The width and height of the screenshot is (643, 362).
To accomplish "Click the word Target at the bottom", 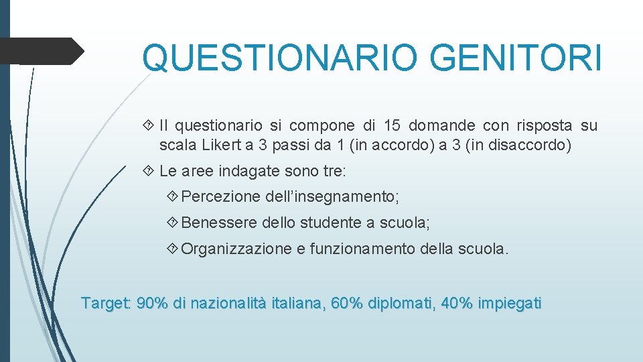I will coord(104,303).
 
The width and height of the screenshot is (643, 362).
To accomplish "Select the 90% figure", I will coord(152,303).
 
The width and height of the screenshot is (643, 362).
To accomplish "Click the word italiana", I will coord(297,303).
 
